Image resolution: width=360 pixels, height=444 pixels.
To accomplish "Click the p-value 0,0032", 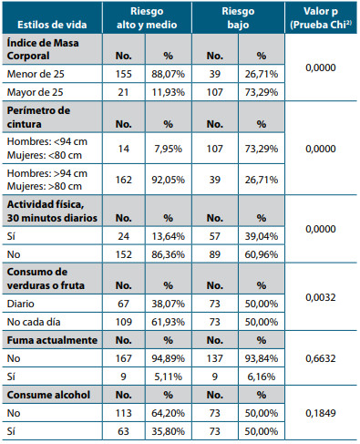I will tap(322, 297).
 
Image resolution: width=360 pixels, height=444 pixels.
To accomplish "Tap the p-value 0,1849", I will tap(322, 415).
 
